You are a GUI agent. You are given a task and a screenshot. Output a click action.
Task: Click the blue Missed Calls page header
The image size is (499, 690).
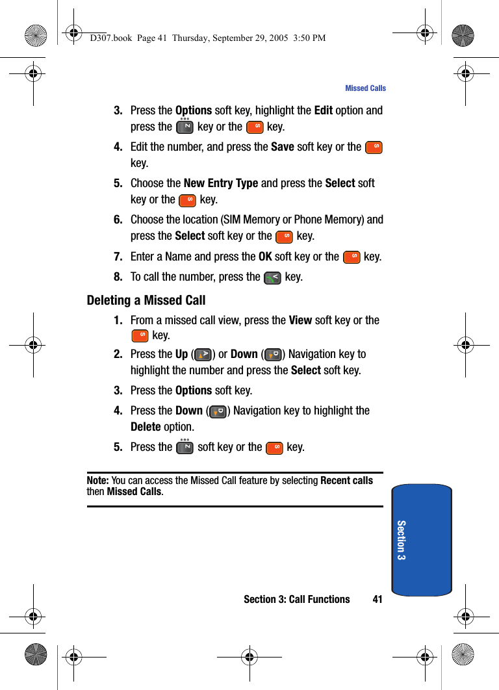(365, 88)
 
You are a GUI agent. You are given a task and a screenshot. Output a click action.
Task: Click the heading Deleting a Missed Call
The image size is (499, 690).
(146, 300)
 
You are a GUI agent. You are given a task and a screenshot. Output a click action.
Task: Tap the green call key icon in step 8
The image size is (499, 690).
(273, 278)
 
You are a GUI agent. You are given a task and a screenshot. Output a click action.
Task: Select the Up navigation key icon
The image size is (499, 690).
(203, 355)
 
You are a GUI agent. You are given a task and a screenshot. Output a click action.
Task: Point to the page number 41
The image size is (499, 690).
(377, 599)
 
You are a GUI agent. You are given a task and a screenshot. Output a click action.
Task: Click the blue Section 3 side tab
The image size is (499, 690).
(422, 539)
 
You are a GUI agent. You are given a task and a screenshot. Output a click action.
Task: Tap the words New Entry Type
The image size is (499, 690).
(221, 183)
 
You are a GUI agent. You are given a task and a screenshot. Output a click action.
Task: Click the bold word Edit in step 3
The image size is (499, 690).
(323, 110)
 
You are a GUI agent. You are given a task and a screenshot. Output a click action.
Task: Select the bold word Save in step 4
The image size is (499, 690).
(283, 147)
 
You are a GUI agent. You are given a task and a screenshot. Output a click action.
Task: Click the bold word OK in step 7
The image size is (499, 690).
(265, 257)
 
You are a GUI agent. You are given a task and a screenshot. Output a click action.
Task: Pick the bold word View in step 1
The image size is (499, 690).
(300, 320)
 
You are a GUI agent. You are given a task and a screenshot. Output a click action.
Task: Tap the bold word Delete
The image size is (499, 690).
(146, 427)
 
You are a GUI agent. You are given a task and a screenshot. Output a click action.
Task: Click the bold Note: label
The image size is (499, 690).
(97, 481)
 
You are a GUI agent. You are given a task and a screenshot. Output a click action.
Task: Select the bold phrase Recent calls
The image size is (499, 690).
(347, 481)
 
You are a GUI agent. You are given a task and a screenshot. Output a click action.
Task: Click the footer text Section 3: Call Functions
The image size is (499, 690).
(296, 599)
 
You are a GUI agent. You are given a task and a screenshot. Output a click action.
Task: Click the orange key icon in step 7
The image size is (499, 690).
(352, 258)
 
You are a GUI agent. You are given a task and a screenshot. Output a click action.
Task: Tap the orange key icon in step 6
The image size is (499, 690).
(284, 237)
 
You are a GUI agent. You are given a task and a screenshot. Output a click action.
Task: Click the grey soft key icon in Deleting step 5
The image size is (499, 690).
(185, 448)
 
